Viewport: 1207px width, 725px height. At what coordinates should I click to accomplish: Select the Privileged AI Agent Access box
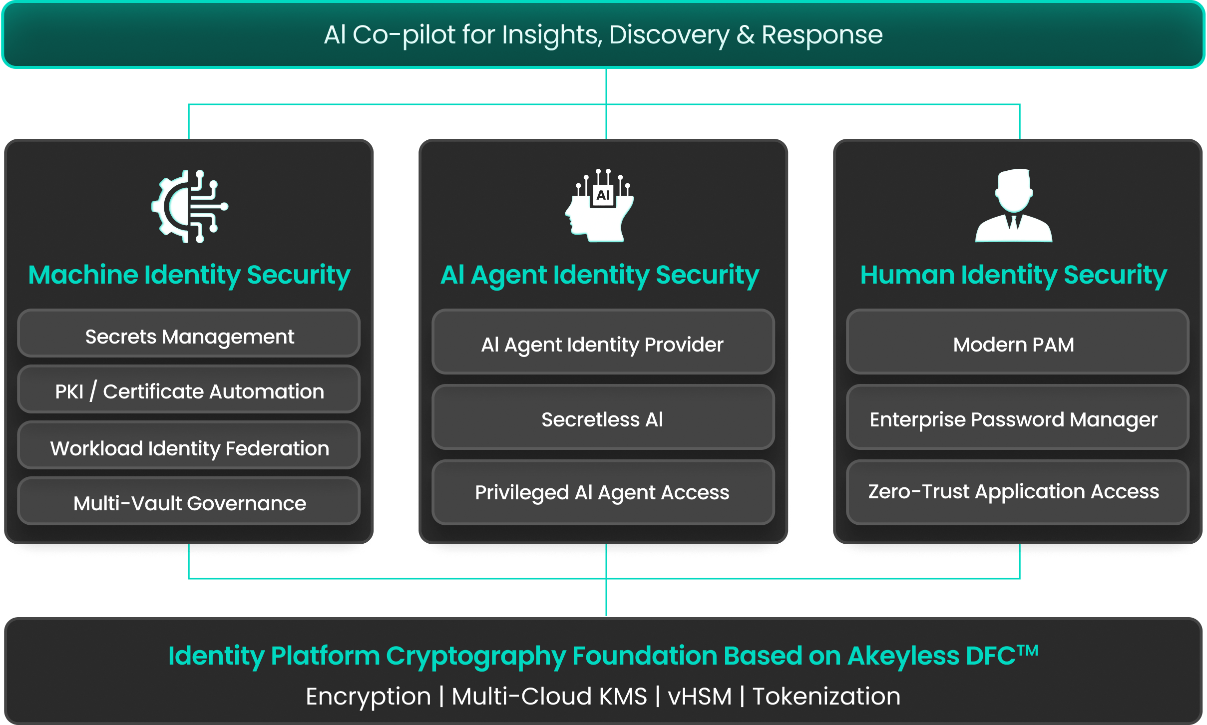click(603, 492)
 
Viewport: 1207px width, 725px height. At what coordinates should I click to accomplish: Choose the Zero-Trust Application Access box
click(1017, 492)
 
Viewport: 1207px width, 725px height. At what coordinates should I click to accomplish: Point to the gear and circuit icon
click(189, 206)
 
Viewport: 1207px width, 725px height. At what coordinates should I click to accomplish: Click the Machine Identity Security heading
click(189, 275)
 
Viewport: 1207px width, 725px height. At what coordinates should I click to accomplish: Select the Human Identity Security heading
click(1014, 275)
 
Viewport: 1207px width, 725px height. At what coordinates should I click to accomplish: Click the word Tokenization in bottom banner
click(826, 697)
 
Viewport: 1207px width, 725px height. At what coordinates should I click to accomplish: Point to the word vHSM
click(699, 697)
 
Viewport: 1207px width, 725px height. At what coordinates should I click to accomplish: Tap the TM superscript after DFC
click(1028, 650)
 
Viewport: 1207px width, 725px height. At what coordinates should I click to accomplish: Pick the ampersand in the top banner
click(745, 35)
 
